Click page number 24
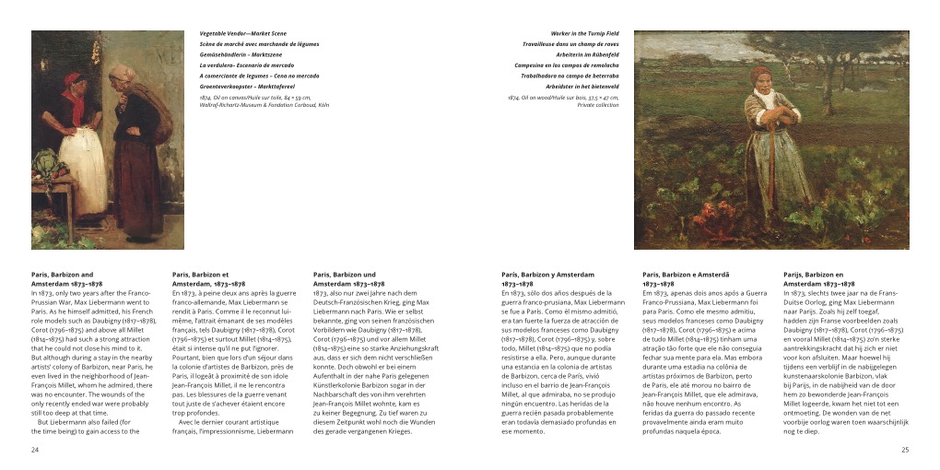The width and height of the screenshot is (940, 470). (x=35, y=450)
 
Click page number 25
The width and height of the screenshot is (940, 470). (x=904, y=450)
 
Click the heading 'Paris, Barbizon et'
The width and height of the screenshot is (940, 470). (x=200, y=275)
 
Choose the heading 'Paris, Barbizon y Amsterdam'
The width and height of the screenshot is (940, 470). (x=547, y=275)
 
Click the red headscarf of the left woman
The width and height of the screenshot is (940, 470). (x=74, y=80)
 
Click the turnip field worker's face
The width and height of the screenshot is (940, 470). (x=761, y=78)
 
